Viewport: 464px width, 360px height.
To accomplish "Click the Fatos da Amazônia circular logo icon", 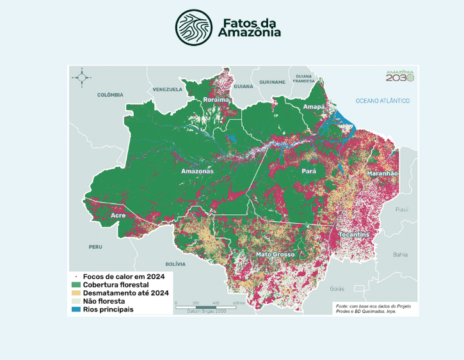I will pos(195,28).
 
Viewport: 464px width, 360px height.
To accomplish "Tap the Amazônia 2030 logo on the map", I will pos(400,75).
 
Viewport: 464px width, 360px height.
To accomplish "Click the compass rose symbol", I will pos(82,77).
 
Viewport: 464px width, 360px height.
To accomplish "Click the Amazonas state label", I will pos(197,171).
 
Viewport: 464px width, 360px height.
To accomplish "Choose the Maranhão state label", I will pos(382,174).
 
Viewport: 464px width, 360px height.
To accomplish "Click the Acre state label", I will pos(118,215).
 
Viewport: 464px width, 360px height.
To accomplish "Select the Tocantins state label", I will pos(354,235).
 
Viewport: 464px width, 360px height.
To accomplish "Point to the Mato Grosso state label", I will pos(275,254).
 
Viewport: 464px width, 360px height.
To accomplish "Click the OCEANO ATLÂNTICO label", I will pos(383,101).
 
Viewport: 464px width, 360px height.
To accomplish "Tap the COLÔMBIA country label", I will pos(110,95).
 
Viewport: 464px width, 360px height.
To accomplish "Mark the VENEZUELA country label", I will pos(168,89).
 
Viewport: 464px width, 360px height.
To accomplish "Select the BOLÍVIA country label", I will pos(175,263).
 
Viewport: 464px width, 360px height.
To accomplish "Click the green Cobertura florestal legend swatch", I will pos(76,284).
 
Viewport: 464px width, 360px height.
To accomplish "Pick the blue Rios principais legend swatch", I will pos(76,309).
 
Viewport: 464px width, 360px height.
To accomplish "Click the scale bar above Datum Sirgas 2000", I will pos(205,308).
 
